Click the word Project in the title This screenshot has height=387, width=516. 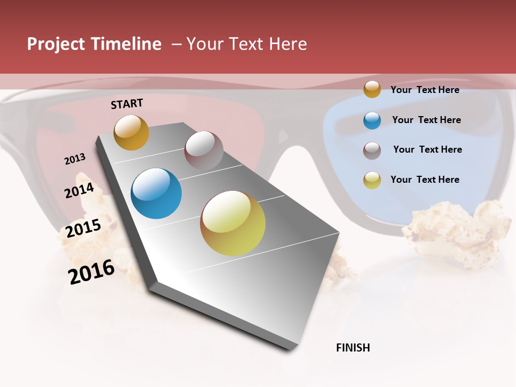[56, 44]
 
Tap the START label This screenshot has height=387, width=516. [127, 104]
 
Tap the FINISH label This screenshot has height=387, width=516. [353, 348]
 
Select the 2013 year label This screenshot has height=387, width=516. [75, 159]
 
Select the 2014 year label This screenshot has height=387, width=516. [80, 191]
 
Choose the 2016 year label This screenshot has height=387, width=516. [91, 272]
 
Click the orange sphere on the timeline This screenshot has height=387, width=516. [131, 133]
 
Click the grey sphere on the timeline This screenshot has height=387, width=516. [204, 150]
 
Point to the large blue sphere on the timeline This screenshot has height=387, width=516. [156, 193]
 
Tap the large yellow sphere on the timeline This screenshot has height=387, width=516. [233, 223]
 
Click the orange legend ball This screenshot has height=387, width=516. [372, 89]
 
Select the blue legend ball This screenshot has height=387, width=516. [372, 120]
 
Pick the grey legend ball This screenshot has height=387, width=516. [372, 150]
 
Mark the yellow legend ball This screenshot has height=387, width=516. [372, 180]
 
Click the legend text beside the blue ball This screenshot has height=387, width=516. [426, 120]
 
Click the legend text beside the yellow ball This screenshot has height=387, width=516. [425, 180]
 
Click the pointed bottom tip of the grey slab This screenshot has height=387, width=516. [291, 348]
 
